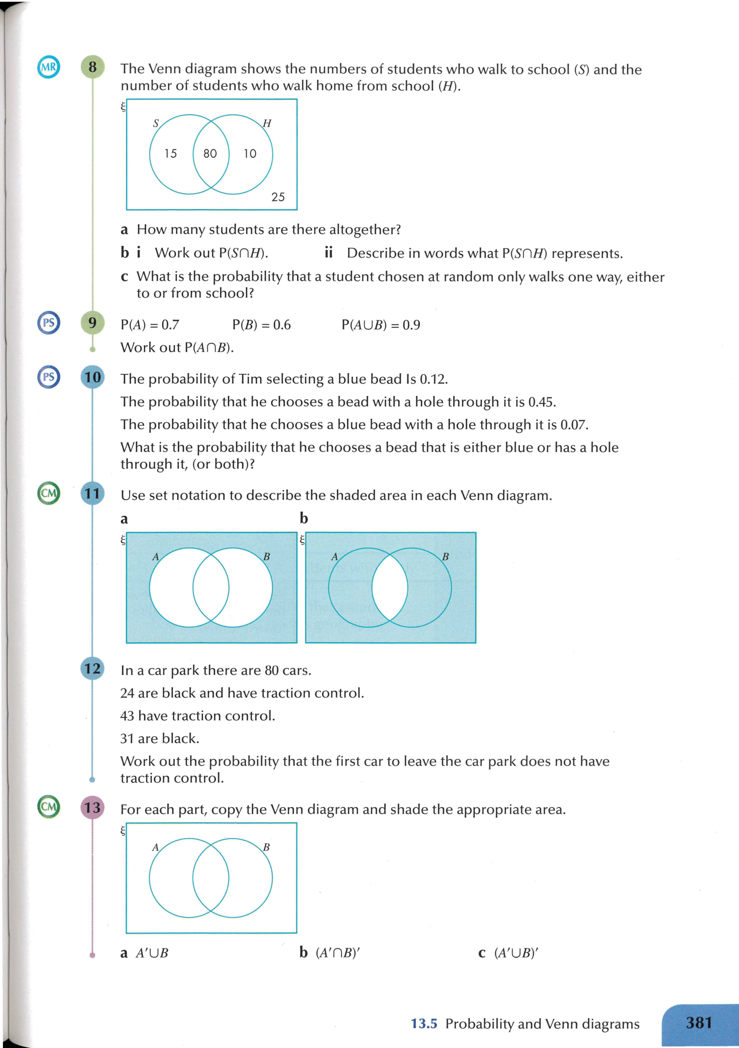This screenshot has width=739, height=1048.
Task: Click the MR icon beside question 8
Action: pyautogui.click(x=49, y=67)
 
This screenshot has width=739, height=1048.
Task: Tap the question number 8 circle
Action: pyautogui.click(x=92, y=67)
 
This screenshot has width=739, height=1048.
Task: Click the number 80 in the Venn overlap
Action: pyautogui.click(x=210, y=154)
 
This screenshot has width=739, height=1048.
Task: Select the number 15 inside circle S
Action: pyautogui.click(x=171, y=154)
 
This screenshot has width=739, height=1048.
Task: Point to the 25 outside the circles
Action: pyautogui.click(x=278, y=197)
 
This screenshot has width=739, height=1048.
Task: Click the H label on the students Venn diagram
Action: pyautogui.click(x=267, y=124)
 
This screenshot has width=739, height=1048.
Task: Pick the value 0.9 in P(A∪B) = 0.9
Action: pyautogui.click(x=411, y=325)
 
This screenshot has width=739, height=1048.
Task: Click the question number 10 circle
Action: pyautogui.click(x=92, y=377)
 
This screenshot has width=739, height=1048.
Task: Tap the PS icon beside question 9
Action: pyautogui.click(x=49, y=323)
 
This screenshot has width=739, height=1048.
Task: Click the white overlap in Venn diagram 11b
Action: pyautogui.click(x=390, y=587)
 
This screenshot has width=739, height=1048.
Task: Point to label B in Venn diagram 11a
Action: pyautogui.click(x=267, y=556)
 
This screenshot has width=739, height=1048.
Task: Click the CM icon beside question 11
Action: pyautogui.click(x=49, y=493)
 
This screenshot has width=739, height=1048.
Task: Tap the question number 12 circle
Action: pyautogui.click(x=92, y=669)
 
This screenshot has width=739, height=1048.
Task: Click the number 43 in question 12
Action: pyautogui.click(x=127, y=716)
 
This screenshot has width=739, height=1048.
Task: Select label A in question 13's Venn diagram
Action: pyautogui.click(x=156, y=848)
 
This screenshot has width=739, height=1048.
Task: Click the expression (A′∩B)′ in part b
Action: pyautogui.click(x=338, y=953)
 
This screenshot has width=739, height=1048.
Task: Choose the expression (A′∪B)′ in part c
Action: pyautogui.click(x=516, y=953)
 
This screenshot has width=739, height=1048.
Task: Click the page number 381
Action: pyautogui.click(x=699, y=1023)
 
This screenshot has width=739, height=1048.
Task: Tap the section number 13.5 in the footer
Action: pyautogui.click(x=424, y=1023)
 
